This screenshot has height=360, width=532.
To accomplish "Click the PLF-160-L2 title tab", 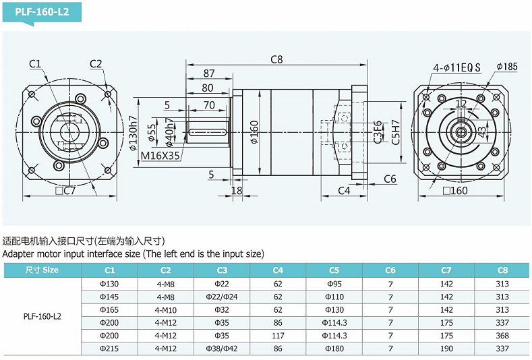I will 41,13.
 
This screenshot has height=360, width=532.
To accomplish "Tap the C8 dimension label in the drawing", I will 277,59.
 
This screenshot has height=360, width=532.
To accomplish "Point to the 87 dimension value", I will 208,73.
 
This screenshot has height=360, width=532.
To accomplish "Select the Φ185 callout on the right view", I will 506,67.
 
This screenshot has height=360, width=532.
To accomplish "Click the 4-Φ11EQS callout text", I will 457,67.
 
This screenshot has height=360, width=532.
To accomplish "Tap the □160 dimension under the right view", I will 455,191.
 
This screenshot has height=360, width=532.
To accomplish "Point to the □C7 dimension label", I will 65,191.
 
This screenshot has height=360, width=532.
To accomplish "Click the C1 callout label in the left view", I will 35,64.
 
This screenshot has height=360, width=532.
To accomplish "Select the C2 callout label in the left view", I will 95,64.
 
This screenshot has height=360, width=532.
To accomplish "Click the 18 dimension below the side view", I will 237,191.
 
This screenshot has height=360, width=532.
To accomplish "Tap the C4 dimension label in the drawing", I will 344,191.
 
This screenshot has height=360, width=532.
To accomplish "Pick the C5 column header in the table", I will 334,270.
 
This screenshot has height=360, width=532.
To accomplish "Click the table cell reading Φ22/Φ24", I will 222,297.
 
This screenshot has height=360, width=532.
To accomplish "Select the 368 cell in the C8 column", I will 502,336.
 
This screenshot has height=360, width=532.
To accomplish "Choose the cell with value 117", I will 278,336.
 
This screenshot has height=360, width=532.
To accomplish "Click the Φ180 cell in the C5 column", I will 334,349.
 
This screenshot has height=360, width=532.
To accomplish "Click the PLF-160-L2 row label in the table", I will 42,316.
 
